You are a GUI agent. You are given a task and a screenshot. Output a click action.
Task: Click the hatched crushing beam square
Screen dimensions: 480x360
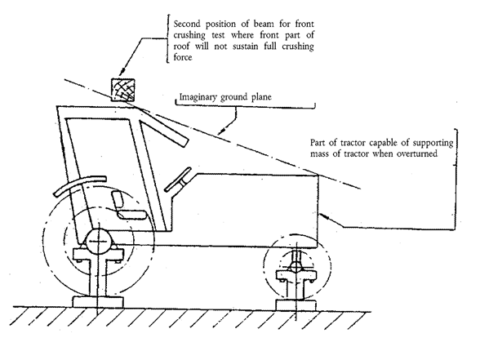pos(122,90)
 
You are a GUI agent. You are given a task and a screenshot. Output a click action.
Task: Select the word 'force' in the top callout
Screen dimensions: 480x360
pos(183,57)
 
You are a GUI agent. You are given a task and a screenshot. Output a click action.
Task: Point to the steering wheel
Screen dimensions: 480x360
pos(178,180)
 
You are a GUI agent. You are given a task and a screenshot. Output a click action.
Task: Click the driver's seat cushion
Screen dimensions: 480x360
pos(132,215)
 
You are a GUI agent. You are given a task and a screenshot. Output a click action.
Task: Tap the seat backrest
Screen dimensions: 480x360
pos(118,201)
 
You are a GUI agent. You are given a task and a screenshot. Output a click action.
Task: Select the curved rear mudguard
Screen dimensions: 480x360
pos(80,184)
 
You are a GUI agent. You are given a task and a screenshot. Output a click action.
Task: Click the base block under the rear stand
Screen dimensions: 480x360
pos(98,302)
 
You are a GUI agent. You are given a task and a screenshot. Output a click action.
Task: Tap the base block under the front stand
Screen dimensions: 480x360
pos(296,305)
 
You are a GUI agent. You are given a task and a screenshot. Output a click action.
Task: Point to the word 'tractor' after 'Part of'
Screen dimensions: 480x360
pos(354,143)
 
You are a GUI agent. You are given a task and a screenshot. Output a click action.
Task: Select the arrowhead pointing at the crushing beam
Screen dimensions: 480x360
pos(122,71)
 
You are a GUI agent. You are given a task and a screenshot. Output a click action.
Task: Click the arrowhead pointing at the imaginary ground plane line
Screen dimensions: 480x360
pos(222,131)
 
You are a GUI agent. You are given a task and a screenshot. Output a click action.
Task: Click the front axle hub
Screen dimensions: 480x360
pos(296,267)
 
